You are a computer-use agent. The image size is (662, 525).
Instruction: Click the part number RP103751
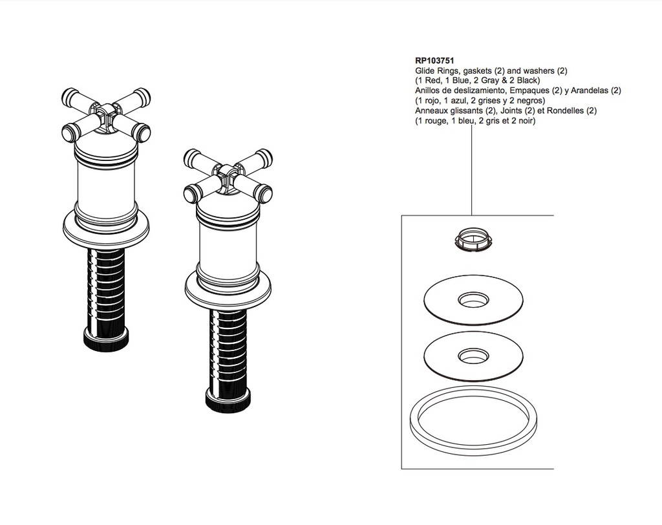[434, 61]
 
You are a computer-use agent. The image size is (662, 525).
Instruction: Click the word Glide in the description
[425, 70]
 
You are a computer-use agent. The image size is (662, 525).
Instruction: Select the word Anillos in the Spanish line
[427, 91]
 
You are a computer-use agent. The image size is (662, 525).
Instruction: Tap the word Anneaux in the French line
[430, 111]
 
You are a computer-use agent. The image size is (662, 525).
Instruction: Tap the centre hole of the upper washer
[473, 300]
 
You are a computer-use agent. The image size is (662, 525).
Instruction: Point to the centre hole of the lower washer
[473, 356]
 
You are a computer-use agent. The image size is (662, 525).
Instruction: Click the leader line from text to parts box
[471, 170]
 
